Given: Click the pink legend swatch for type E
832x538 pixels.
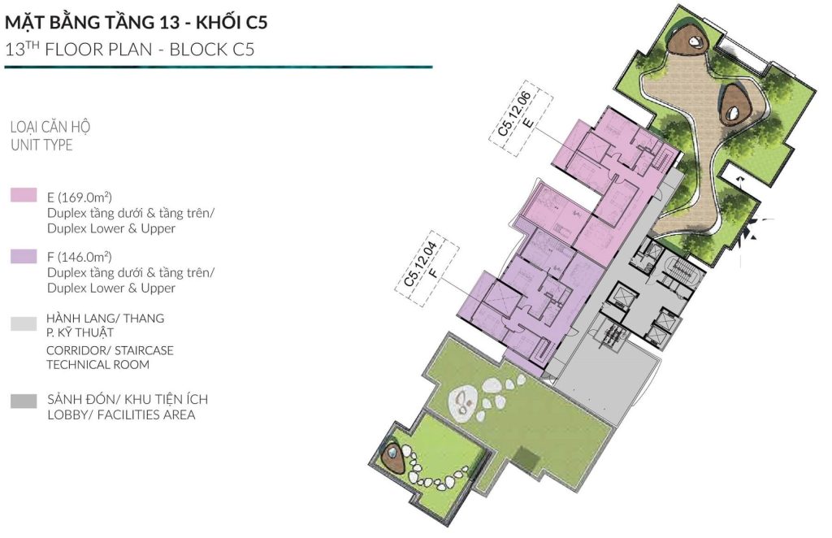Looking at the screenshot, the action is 24,195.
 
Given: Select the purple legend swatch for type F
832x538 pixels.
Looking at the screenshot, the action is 24,256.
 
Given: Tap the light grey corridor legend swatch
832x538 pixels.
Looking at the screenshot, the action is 24,323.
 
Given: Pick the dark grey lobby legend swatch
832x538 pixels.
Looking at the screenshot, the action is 24,401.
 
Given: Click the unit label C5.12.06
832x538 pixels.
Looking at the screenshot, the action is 514,114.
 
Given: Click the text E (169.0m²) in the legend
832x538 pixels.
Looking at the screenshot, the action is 79,197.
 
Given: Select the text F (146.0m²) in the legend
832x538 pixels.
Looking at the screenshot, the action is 79,257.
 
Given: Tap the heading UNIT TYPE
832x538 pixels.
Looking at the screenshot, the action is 41,145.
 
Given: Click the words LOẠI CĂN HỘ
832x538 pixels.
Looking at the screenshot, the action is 50,127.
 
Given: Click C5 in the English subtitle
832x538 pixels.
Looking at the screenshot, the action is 244,50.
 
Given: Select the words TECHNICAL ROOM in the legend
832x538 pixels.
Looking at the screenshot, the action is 97,365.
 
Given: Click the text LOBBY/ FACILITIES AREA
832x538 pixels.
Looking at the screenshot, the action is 121,414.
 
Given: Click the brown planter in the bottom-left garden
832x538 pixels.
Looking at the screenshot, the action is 394,456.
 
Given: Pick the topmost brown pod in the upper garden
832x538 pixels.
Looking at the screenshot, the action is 688,40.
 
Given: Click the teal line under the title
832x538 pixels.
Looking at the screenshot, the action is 219,67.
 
